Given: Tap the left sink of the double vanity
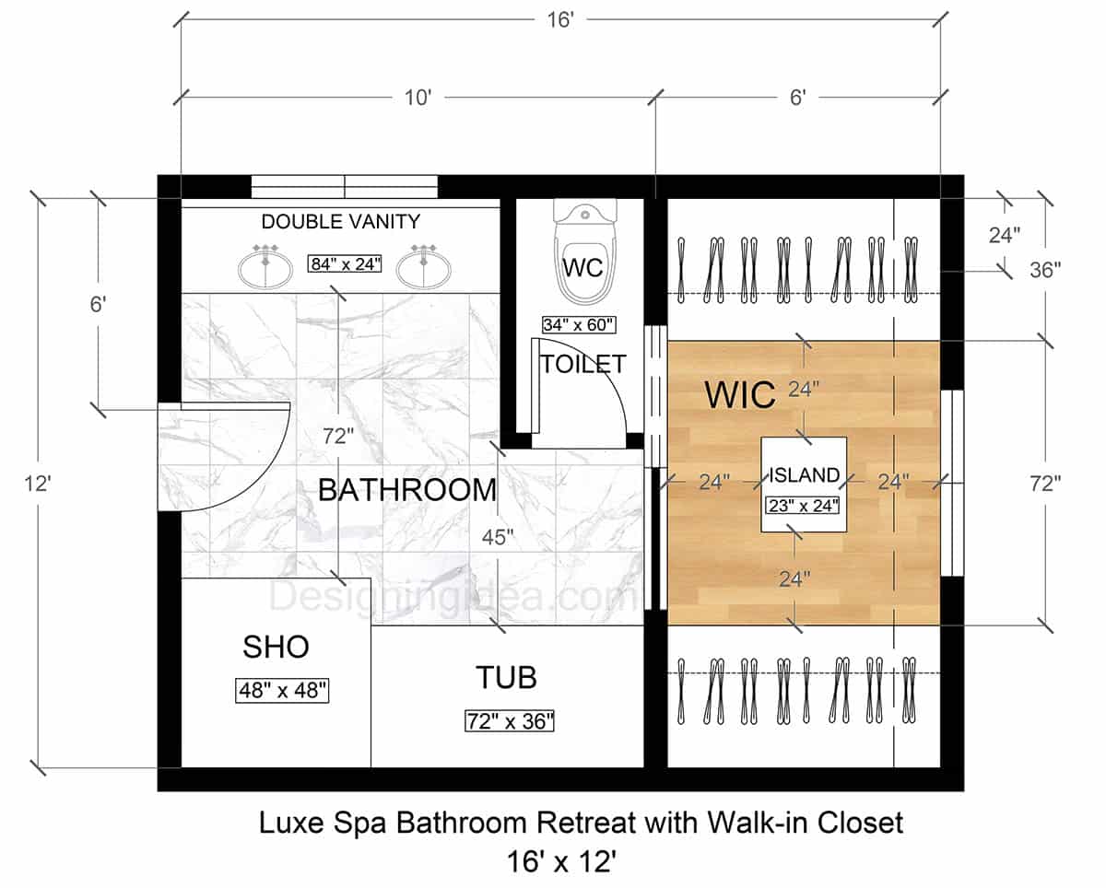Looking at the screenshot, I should [265, 267].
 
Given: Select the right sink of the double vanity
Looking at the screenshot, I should [425, 267].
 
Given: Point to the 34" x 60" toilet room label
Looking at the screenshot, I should [578, 324].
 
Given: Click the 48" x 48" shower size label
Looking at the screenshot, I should [283, 690].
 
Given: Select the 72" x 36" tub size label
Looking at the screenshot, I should [510, 720].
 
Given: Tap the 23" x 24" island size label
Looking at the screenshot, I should [803, 504].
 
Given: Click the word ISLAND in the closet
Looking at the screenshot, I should [805, 475].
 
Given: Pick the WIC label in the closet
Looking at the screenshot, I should [740, 394].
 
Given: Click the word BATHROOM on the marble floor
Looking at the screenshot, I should [406, 490].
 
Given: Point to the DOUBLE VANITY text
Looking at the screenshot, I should [341, 222].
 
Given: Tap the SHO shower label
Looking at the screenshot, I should [276, 648].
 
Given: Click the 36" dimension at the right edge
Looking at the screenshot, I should [1045, 270].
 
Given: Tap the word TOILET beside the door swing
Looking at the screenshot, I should [582, 364].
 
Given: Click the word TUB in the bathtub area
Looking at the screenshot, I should [506, 678].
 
